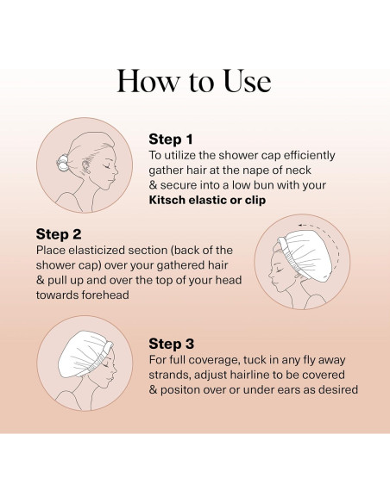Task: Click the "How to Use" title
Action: (x=194, y=81)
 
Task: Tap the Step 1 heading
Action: (x=171, y=140)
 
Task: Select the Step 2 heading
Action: (x=59, y=234)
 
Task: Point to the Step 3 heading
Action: (x=171, y=344)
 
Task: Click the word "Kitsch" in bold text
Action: (x=167, y=200)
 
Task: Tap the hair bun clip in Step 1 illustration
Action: (x=63, y=162)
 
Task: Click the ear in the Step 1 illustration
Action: (x=86, y=166)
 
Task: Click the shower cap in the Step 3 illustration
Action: (x=84, y=353)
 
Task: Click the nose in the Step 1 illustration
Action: (x=116, y=171)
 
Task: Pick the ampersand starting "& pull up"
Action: (x=41, y=281)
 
